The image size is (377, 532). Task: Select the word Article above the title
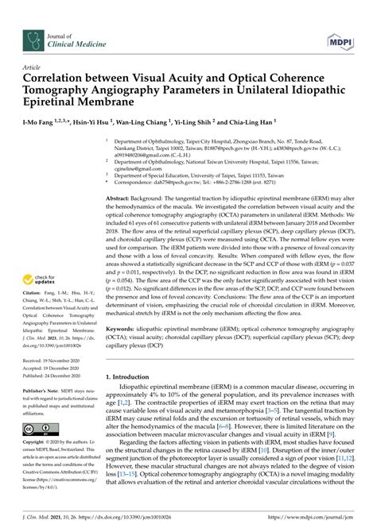click(x=33, y=68)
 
